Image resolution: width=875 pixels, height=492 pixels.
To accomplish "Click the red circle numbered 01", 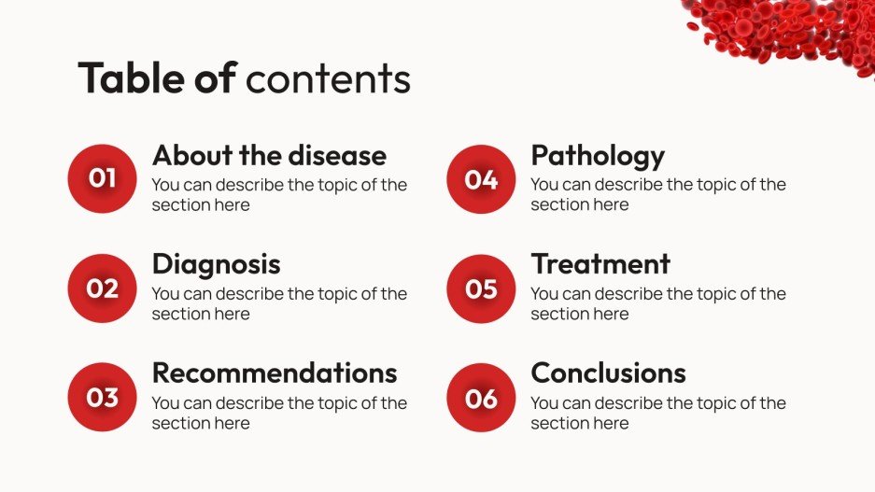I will (x=103, y=178).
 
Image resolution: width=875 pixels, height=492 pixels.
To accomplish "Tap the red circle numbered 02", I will (x=103, y=288).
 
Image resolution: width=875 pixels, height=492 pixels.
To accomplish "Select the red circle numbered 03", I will (x=103, y=398).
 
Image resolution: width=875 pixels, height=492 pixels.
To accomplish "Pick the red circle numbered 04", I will (x=481, y=179).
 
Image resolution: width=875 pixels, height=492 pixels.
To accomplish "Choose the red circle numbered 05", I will (x=481, y=288).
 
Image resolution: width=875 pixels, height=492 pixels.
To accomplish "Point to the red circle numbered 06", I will (x=481, y=398).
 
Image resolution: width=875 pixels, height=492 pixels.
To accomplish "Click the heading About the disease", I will (x=269, y=155).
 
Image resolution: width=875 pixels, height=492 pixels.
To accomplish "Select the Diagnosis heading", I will (x=216, y=264).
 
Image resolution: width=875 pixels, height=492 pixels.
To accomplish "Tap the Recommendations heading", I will (x=275, y=373).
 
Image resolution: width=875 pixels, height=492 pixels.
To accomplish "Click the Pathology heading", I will (x=598, y=155).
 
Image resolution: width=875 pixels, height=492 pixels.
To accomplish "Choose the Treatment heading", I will (x=600, y=264).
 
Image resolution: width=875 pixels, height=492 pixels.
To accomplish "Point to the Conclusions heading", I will (x=608, y=373).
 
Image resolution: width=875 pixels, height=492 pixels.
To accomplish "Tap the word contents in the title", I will (x=328, y=80).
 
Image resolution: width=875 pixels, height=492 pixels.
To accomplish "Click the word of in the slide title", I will (x=215, y=78).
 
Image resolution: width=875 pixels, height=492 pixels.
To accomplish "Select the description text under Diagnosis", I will (x=279, y=303).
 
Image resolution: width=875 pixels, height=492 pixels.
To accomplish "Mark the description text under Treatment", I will (x=658, y=303).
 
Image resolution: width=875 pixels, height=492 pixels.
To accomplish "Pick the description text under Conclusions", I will (x=658, y=413).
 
